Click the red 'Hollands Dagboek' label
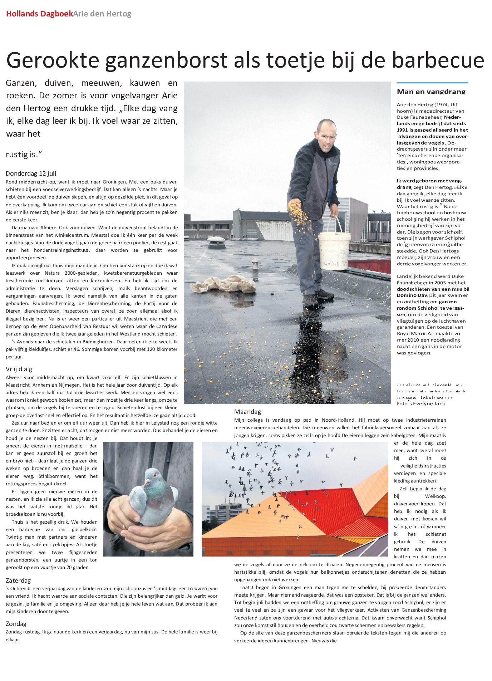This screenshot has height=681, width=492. (x=39, y=14)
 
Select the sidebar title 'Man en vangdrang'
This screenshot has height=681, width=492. (x=431, y=92)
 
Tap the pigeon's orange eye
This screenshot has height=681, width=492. (x=154, y=475)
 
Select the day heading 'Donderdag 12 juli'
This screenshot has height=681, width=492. (x=31, y=173)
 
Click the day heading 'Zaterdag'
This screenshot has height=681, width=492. (x=18, y=580)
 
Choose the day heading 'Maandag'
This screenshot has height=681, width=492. (x=247, y=412)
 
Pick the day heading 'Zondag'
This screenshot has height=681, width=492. (x=16, y=623)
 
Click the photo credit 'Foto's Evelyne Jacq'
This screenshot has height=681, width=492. (x=421, y=403)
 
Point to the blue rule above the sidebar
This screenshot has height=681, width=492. (x=432, y=83)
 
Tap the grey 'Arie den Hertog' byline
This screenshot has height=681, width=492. (x=102, y=14)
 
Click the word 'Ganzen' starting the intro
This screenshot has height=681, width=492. (x=21, y=83)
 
